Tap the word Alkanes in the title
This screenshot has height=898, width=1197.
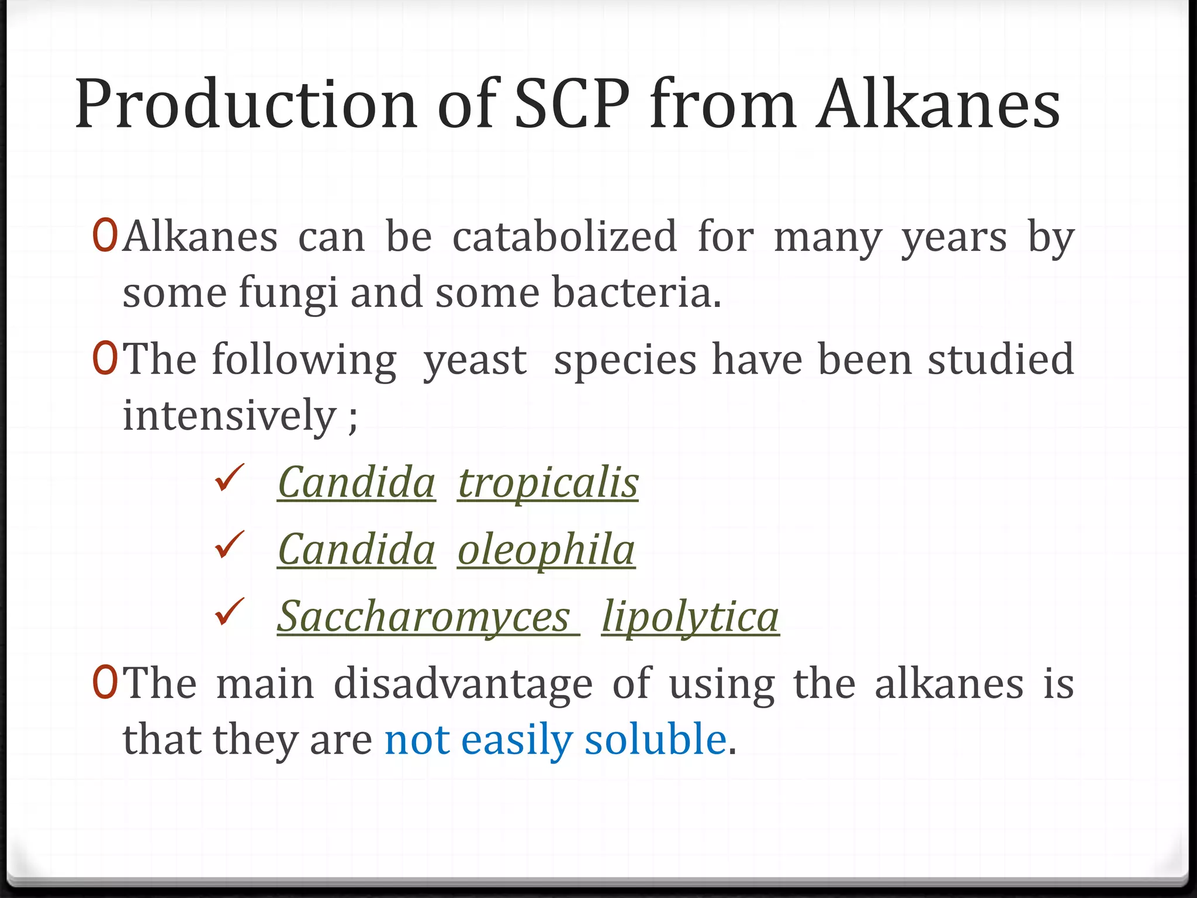[938, 105]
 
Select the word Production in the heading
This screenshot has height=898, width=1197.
[245, 105]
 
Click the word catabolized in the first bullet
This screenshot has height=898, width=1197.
[565, 237]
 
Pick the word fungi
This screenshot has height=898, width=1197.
[288, 293]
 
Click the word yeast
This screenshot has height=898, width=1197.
[475, 360]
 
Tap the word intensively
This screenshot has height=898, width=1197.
[229, 416]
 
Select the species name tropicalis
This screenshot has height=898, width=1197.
[548, 483]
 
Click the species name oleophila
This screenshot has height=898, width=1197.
[546, 550]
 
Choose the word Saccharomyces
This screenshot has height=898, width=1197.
[424, 617]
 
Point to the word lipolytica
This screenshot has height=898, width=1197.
[690, 617]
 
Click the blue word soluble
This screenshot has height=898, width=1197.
[655, 740]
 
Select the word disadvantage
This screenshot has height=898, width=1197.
[463, 684]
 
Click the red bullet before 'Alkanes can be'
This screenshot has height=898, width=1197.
[105, 236]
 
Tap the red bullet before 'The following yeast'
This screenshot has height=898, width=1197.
[105, 359]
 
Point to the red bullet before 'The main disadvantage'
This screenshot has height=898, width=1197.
[105, 683]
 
